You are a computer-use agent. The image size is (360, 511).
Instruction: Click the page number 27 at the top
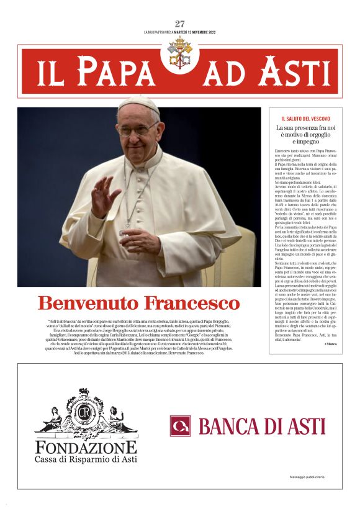(180, 24)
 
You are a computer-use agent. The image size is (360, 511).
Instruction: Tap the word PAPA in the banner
(117, 72)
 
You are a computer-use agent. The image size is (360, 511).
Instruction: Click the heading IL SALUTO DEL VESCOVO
(305, 119)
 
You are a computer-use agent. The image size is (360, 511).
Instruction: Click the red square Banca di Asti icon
(181, 426)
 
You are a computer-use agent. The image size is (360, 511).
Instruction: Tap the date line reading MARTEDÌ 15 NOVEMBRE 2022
(199, 32)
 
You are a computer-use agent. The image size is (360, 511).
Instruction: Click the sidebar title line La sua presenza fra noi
(305, 128)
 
